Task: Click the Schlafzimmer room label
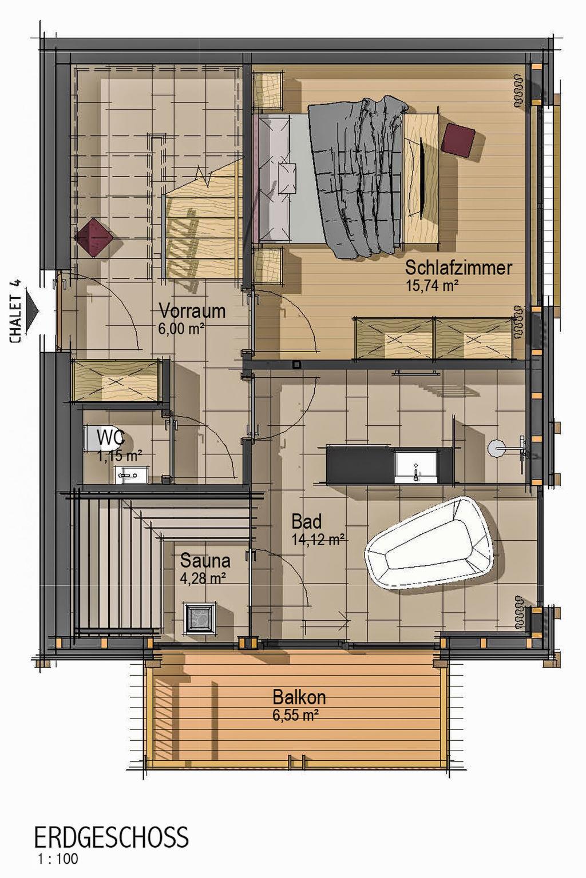[x=458, y=269]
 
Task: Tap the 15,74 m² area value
[x=433, y=285]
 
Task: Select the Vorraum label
[x=192, y=312]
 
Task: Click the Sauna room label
[x=205, y=561]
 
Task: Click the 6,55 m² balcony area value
[x=295, y=715]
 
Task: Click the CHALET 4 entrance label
[x=15, y=312]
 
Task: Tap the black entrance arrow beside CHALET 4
[x=33, y=311]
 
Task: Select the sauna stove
[x=200, y=618]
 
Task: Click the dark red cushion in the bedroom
[x=458, y=139]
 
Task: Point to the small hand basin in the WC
[x=132, y=474]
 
